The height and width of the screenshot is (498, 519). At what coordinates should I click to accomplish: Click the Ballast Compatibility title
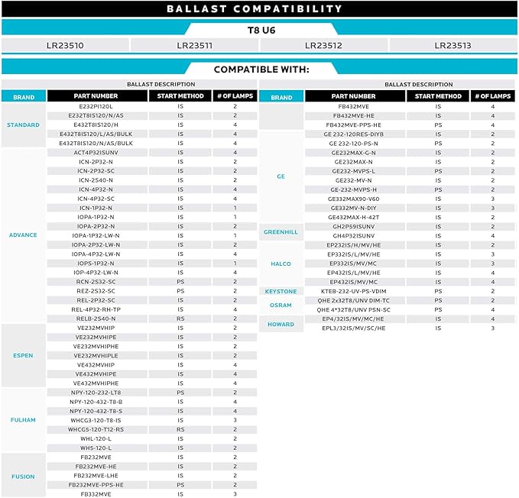[x=259, y=9]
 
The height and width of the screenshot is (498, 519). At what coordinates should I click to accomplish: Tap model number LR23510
[x=65, y=46]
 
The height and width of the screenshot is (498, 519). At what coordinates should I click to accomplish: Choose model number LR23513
[x=453, y=46]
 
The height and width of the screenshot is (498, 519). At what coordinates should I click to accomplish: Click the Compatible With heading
[x=261, y=70]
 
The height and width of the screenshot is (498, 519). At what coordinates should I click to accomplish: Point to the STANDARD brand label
[x=23, y=124]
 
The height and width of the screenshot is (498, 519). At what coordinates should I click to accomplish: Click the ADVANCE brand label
[x=23, y=235]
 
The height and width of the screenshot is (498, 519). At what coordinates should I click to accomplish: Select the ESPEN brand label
[x=23, y=355]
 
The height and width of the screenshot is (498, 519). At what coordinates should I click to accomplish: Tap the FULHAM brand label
[x=23, y=419]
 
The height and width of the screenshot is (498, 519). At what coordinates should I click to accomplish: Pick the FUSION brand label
[x=23, y=476]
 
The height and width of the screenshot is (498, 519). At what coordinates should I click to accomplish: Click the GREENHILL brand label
[x=281, y=231]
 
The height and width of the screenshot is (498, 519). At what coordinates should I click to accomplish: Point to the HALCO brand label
[x=281, y=264]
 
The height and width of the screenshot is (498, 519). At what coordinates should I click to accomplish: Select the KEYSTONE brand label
[x=281, y=291]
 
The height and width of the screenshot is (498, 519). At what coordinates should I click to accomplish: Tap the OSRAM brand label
[x=281, y=305]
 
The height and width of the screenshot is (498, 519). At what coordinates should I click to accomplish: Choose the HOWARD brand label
[x=281, y=324]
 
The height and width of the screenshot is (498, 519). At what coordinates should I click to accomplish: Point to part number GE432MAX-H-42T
[x=355, y=217]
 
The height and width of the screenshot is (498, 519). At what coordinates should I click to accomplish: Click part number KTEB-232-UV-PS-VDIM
[x=355, y=291]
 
